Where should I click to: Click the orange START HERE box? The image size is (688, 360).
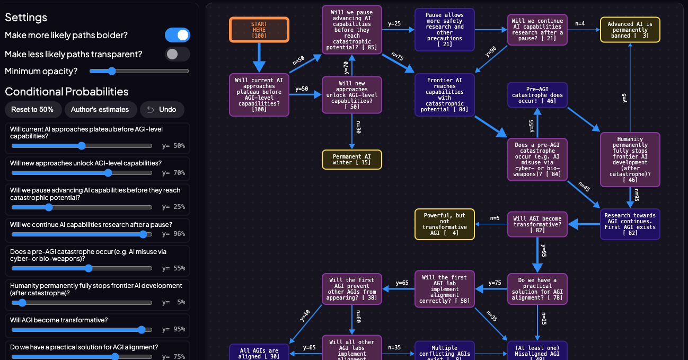tap(259, 30)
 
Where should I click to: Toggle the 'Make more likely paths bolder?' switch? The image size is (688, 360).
tap(178, 35)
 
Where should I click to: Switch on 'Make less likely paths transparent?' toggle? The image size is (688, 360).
tap(178, 54)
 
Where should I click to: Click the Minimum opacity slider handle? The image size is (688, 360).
tap(111, 71)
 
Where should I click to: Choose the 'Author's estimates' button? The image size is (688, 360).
tap(100, 110)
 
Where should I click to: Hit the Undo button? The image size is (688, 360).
tap(162, 110)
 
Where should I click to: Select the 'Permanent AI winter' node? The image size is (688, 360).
tap(352, 160)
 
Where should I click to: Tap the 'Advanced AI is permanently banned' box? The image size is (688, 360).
tap(630, 30)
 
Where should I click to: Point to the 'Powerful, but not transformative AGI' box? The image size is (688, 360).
tap(445, 224)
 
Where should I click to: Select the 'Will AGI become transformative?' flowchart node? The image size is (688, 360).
tap(537, 224)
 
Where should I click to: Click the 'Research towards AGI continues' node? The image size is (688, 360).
tap(630, 224)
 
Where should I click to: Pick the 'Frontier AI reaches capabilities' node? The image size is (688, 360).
tap(445, 95)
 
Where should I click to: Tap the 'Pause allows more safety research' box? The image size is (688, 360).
tap(445, 30)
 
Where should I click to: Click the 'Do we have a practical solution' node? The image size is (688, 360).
tap(537, 288)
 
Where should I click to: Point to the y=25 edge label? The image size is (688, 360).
tap(394, 23)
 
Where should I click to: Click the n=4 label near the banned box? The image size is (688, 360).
tap(580, 23)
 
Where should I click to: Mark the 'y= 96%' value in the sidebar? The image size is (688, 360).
tap(173, 234)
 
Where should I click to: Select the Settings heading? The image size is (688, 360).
tap(26, 17)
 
